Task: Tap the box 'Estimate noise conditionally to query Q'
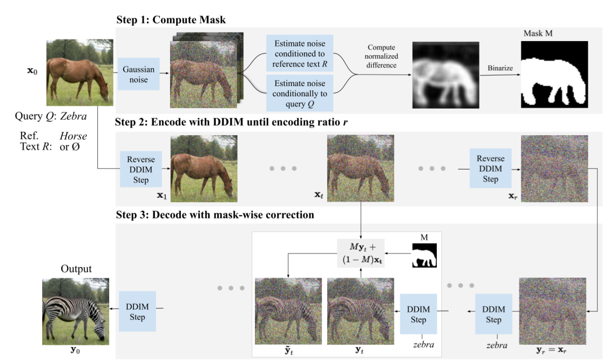300,92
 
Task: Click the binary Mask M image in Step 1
553,74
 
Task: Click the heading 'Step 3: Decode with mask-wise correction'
214,215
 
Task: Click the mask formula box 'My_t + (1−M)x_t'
360,252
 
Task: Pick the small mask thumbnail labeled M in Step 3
424,256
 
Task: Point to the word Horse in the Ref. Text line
73,136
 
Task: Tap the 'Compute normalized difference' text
382,56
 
